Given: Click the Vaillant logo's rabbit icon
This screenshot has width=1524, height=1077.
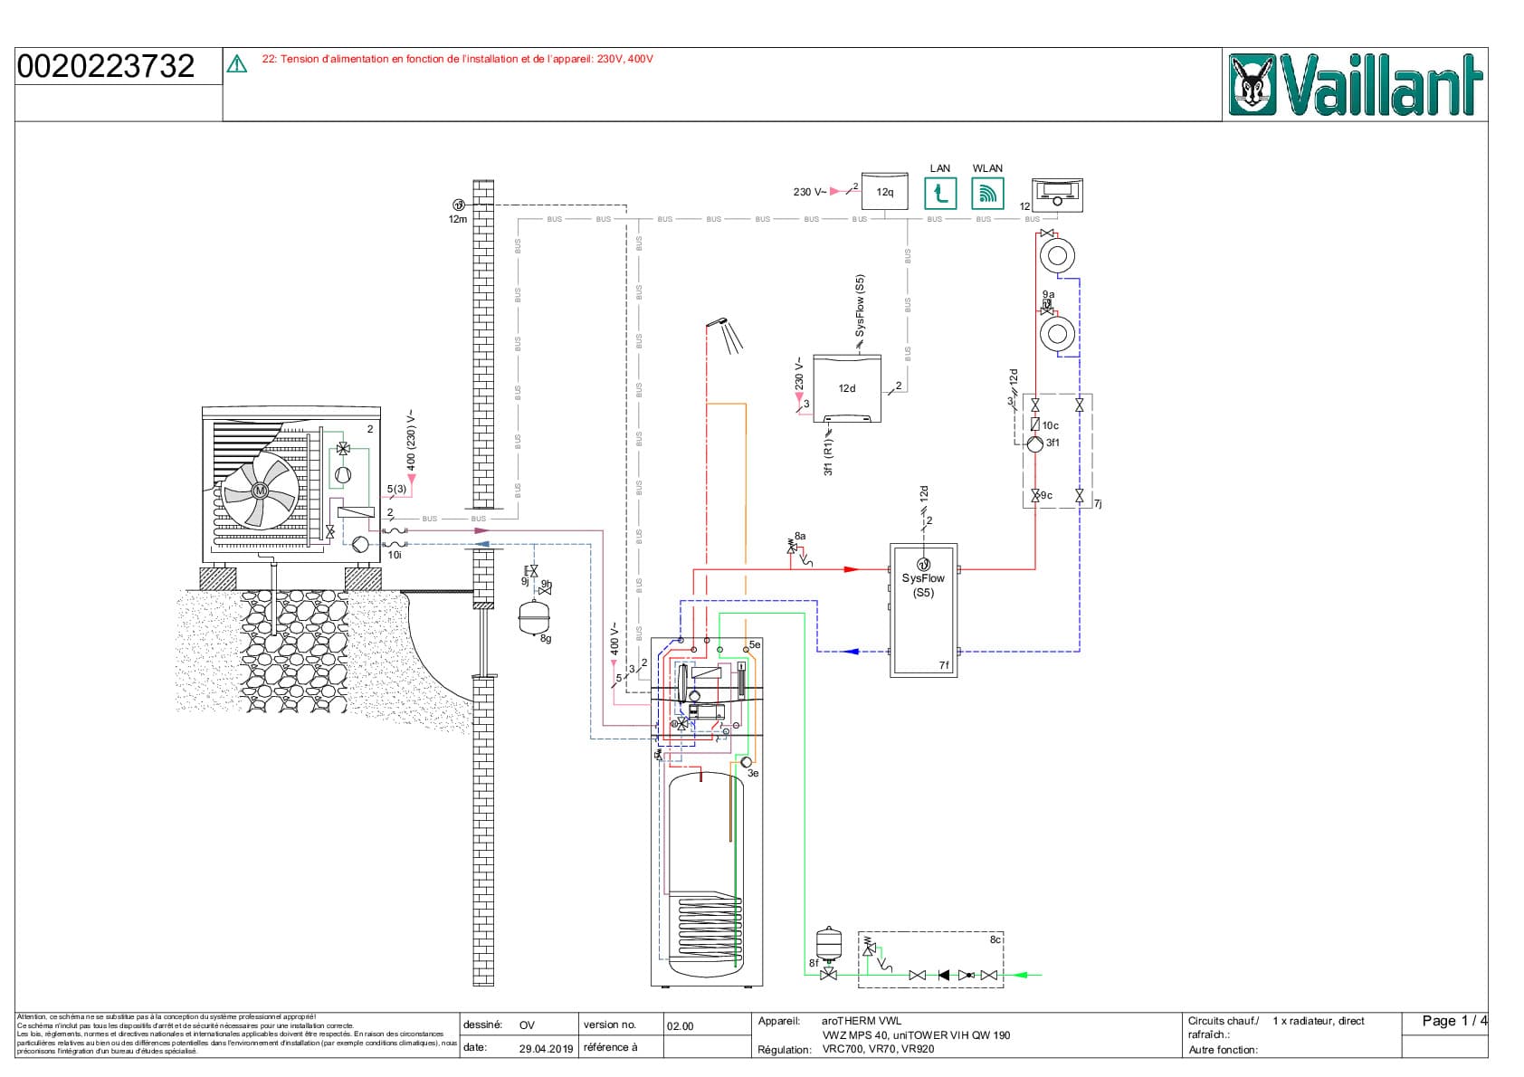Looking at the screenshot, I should [x=1253, y=85].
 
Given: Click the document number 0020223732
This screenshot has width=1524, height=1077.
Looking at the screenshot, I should [x=106, y=66].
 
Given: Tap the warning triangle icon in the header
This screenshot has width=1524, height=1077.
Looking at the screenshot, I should [x=237, y=63].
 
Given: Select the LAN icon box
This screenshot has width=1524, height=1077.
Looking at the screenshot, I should [x=940, y=193].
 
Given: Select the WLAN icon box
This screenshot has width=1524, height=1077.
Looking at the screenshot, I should [x=987, y=193].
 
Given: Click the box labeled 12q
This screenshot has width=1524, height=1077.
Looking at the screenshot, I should [x=884, y=192].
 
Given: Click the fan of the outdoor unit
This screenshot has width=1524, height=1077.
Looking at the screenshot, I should [x=261, y=491].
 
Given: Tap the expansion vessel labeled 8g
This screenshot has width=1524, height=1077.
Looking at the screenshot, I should [x=534, y=617].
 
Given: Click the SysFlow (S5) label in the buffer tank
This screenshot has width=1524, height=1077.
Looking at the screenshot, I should [x=923, y=585].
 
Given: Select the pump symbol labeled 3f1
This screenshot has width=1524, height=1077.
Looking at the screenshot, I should [x=1035, y=443].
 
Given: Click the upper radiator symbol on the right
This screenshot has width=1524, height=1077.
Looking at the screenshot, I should [x=1056, y=255].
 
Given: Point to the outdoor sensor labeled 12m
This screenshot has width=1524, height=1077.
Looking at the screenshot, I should [x=459, y=205].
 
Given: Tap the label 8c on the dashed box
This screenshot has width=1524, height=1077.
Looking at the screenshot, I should [x=995, y=939].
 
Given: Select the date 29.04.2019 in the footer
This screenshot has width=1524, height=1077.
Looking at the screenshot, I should [x=546, y=1048].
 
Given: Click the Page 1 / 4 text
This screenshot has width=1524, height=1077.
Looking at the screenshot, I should [x=1453, y=1021].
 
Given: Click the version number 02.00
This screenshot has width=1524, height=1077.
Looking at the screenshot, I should [x=681, y=1026].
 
